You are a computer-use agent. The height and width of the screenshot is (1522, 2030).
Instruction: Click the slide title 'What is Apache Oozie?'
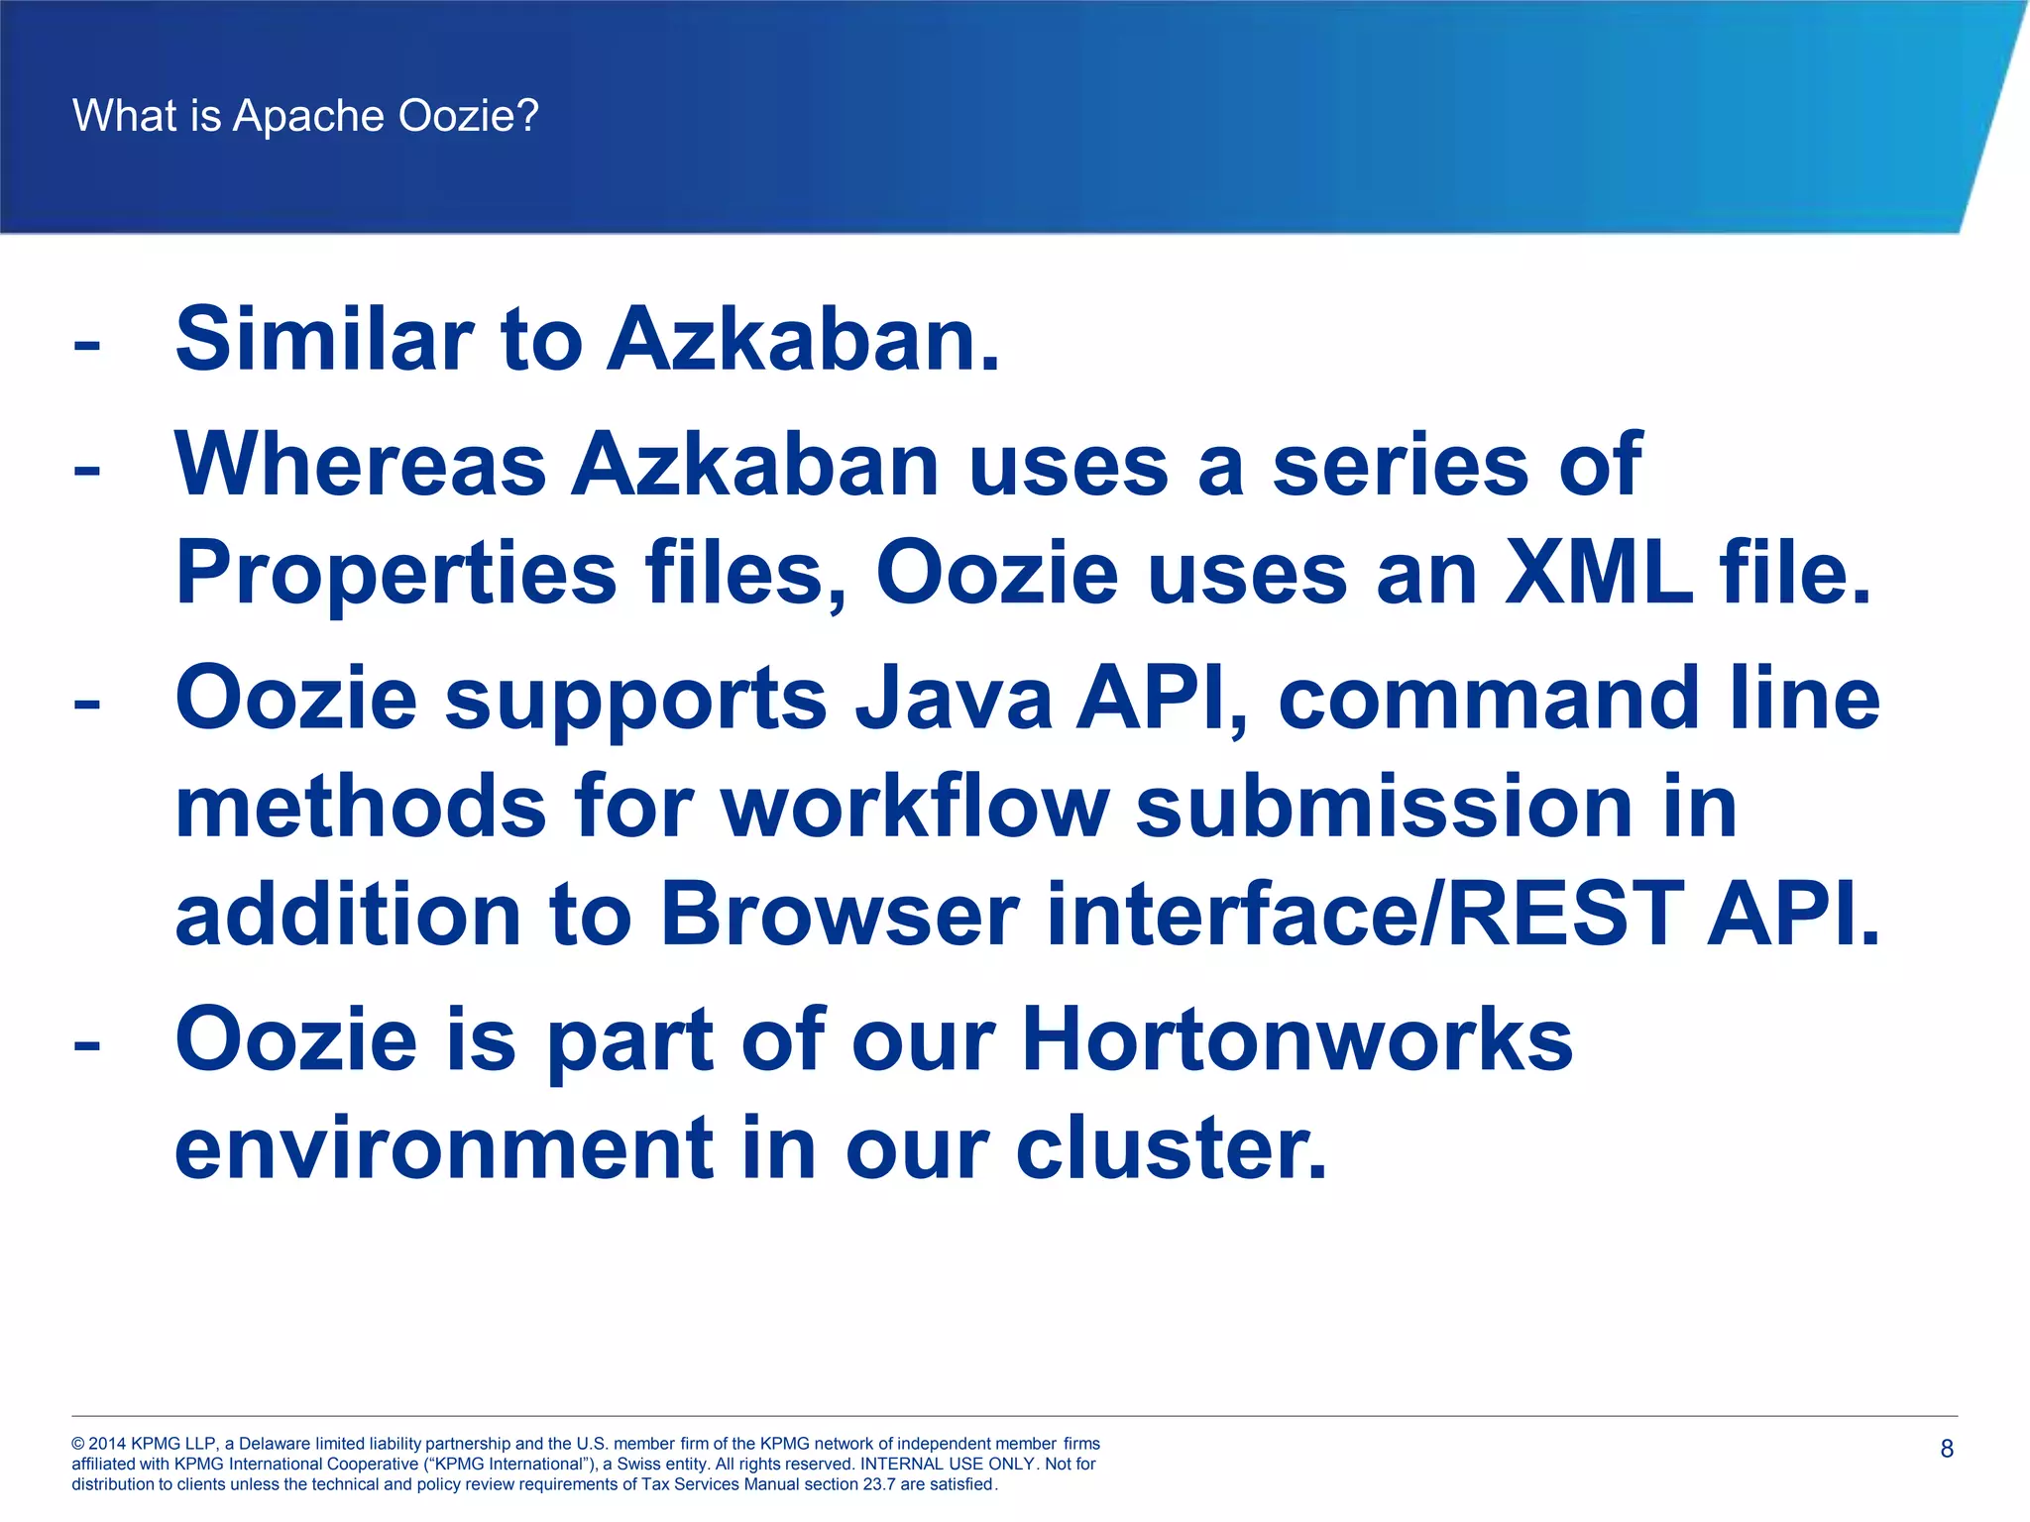[305, 116]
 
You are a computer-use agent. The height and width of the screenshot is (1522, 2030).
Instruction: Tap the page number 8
[1946, 1449]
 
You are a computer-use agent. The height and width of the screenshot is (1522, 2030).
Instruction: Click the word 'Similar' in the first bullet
[323, 340]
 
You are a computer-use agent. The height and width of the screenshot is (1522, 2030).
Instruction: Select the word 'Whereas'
[360, 466]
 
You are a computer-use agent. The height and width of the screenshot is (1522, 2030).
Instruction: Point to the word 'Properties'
[395, 575]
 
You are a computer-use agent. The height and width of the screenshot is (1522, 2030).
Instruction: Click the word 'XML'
[1597, 573]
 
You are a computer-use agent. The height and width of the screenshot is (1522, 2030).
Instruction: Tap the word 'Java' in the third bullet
[954, 700]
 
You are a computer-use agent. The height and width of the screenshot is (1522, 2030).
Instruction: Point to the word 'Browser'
[839, 915]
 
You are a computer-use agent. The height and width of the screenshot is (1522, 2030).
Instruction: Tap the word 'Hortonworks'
[1297, 1040]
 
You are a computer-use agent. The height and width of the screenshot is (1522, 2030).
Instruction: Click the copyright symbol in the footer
[78, 1444]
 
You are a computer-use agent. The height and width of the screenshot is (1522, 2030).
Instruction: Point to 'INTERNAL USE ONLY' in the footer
[948, 1464]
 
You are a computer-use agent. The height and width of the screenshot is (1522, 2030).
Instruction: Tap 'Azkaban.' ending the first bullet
[803, 340]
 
